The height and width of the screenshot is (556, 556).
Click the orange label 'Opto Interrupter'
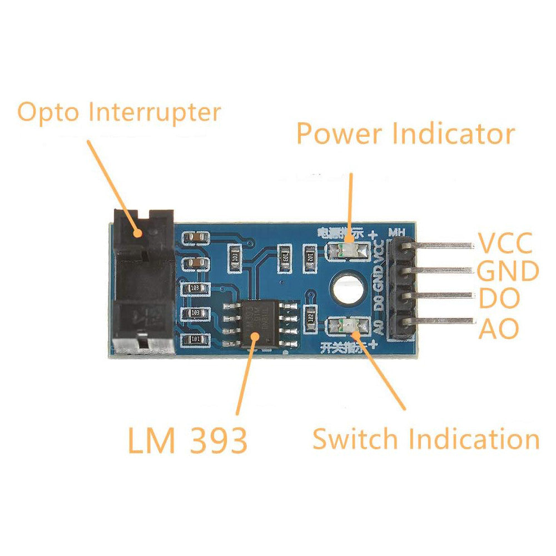pyautogui.click(x=119, y=113)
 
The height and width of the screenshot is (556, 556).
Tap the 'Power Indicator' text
pyautogui.click(x=405, y=134)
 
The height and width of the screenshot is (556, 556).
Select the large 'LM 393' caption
pyautogui.click(x=187, y=441)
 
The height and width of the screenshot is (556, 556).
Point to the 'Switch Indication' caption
pyautogui.click(x=425, y=439)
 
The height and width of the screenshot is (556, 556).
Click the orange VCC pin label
pyautogui.click(x=505, y=243)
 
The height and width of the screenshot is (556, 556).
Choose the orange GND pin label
pyautogui.click(x=508, y=271)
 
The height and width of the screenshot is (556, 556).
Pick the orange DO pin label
pyautogui.click(x=499, y=299)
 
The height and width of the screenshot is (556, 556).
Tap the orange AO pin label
pyautogui.click(x=499, y=329)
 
